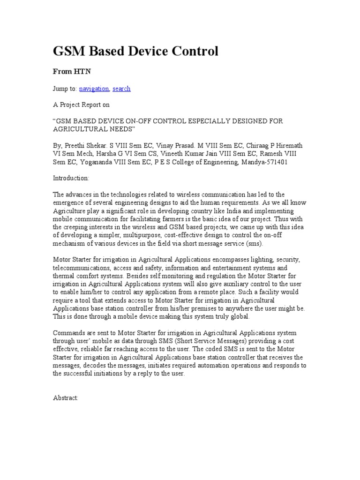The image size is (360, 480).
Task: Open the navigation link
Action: [94, 89]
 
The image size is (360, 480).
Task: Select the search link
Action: [121, 89]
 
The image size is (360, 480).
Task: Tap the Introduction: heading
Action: [71, 178]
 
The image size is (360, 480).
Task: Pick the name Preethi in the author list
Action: [75, 145]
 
